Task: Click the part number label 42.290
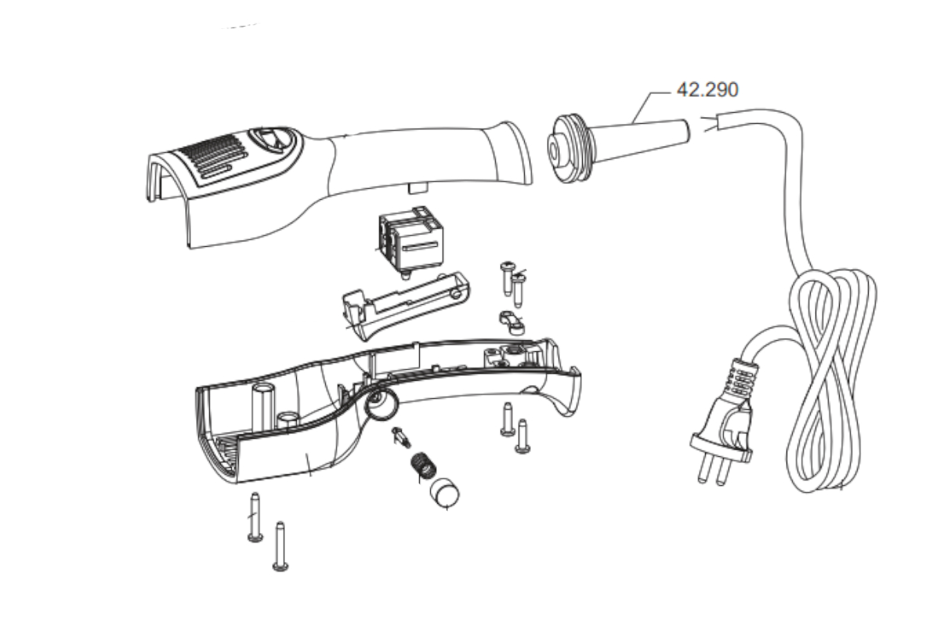tap(707, 90)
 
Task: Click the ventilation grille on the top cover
tap(211, 157)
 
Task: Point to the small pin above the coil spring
tap(402, 435)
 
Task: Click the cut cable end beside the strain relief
tap(713, 125)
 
